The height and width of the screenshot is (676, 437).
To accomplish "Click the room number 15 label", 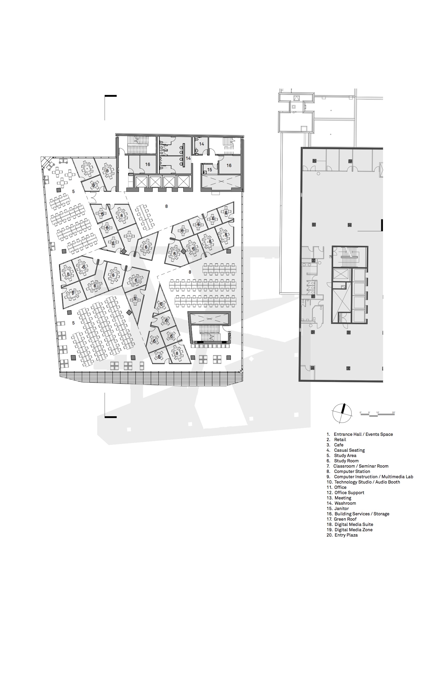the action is click(x=209, y=170).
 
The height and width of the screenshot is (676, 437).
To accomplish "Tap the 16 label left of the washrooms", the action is click(x=148, y=164).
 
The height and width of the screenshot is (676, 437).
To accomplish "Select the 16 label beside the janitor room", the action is click(x=229, y=165).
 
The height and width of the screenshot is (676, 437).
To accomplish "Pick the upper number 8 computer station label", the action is click(x=166, y=206).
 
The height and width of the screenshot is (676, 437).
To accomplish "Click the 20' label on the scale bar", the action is click(x=393, y=412).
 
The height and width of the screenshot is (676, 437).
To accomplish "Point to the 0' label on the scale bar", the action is click(x=361, y=412).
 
